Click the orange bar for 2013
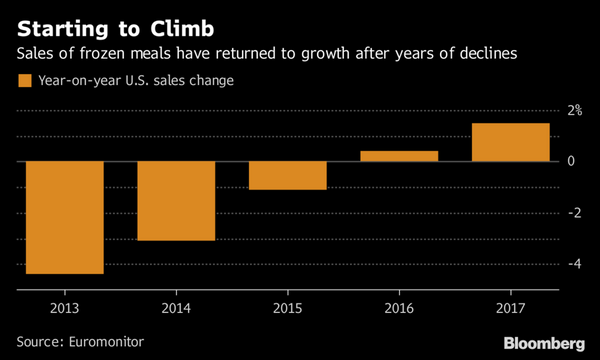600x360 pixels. (x=63, y=217)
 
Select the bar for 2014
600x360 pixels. (x=175, y=200)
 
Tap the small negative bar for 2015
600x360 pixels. (x=287, y=175)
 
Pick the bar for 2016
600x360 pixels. (x=399, y=156)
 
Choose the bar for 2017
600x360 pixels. (x=510, y=142)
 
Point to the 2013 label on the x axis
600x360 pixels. (x=63, y=308)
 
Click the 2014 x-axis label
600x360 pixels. (x=175, y=308)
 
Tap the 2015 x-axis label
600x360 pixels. (x=287, y=308)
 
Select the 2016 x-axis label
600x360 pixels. (x=399, y=308)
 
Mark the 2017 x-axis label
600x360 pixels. (x=510, y=308)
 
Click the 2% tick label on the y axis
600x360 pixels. (x=575, y=110)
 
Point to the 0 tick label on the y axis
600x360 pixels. (x=571, y=161)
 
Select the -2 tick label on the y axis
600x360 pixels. (x=573, y=213)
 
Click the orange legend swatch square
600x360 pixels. (x=21, y=81)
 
